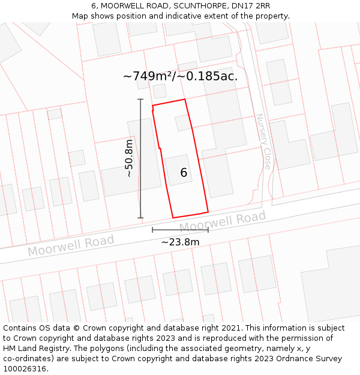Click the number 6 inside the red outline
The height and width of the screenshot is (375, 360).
184,173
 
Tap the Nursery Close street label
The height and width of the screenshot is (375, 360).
263,141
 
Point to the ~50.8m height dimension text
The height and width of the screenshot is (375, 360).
128,158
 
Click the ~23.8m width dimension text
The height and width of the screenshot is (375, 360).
180,242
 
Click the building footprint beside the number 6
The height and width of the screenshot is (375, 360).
178,169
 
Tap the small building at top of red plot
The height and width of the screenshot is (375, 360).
182,123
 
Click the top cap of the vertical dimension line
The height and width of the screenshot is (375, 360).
140,99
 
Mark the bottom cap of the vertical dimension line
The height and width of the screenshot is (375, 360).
140,217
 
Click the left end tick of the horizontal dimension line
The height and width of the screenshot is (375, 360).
152,229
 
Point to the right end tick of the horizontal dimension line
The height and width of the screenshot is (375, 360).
208,229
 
